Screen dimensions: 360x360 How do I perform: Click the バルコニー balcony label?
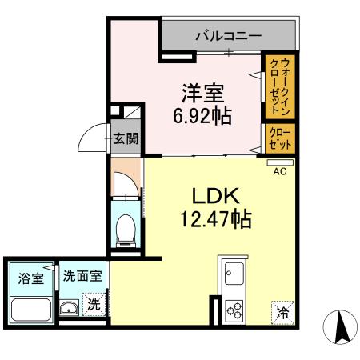coord(228,36)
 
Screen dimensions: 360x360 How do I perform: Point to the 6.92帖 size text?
coord(203,116)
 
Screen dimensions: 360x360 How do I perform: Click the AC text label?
coord(280,171)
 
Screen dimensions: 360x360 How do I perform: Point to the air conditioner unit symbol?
coord(280,162)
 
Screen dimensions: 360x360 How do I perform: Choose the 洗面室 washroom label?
coord(82,276)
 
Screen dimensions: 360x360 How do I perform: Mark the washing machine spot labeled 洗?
coord(94,305)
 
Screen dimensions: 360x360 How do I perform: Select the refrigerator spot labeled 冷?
coord(282,313)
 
